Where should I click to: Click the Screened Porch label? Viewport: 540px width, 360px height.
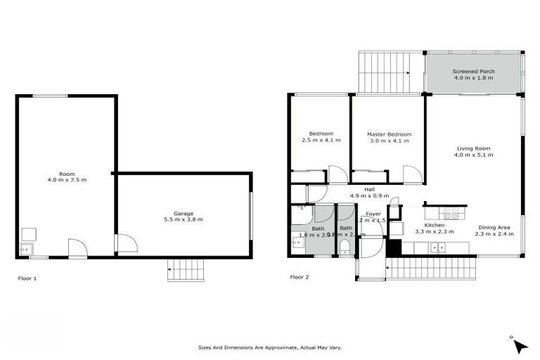(x=473, y=71)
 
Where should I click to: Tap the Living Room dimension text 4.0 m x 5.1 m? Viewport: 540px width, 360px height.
(x=473, y=155)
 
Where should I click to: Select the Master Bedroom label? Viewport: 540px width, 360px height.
(x=389, y=134)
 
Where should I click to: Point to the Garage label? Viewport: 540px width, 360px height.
(x=184, y=213)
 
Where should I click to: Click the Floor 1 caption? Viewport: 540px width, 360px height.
(x=27, y=278)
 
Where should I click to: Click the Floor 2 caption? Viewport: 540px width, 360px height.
(x=300, y=277)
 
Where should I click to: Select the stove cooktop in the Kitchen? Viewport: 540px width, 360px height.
(x=451, y=213)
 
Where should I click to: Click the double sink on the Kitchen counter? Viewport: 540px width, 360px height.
(x=439, y=247)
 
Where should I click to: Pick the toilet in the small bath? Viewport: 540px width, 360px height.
(x=345, y=246)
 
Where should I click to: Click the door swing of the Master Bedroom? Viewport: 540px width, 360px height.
(x=411, y=174)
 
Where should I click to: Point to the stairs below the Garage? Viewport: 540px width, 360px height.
(x=184, y=270)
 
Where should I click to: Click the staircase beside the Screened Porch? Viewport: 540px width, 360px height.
(x=384, y=72)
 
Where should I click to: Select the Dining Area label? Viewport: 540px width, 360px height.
(x=496, y=227)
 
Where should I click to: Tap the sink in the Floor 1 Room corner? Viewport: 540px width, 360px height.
(x=26, y=248)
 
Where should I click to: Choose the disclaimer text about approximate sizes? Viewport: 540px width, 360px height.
(x=270, y=347)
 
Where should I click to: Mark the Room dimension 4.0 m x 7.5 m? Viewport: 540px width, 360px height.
(x=67, y=180)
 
